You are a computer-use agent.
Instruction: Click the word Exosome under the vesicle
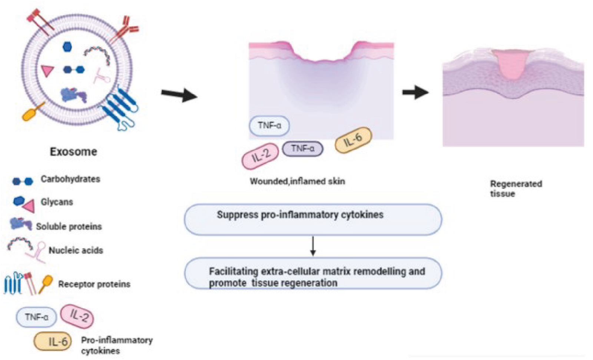point(73,151)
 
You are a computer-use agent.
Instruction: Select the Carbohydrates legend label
point(70,179)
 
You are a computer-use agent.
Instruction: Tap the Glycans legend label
point(57,202)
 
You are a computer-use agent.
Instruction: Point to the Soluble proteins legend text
point(69,227)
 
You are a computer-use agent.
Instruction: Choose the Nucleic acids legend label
point(76,250)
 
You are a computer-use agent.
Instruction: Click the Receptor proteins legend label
point(94,284)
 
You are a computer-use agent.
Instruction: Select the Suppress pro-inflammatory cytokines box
point(313,219)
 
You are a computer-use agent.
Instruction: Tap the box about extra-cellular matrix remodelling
point(313,274)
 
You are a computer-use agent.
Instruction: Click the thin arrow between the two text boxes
point(313,246)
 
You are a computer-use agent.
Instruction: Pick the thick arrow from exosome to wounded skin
point(179,95)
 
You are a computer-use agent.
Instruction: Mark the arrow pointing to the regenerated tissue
point(415,92)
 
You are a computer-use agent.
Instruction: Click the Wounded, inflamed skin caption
point(297,181)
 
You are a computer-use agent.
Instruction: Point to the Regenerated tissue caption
point(516,189)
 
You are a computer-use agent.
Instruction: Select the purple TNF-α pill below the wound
point(302,149)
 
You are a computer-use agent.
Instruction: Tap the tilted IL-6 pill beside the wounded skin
point(353,140)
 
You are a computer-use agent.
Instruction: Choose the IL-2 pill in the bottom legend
point(77,316)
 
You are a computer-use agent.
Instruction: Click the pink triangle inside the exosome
point(47,70)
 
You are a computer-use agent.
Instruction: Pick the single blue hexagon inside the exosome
point(67,47)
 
